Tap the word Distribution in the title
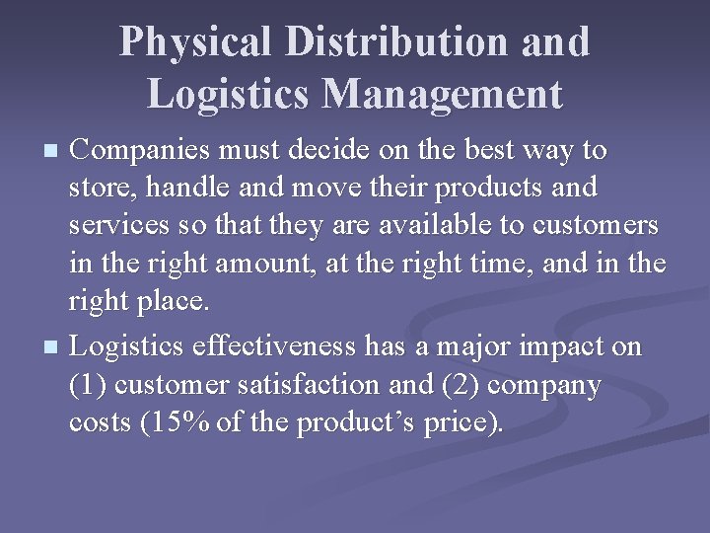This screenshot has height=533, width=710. (396, 41)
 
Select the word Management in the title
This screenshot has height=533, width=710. (442, 94)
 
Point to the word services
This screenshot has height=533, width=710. (117, 226)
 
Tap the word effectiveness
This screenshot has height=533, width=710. (262, 347)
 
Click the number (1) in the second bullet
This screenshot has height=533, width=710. (89, 385)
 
